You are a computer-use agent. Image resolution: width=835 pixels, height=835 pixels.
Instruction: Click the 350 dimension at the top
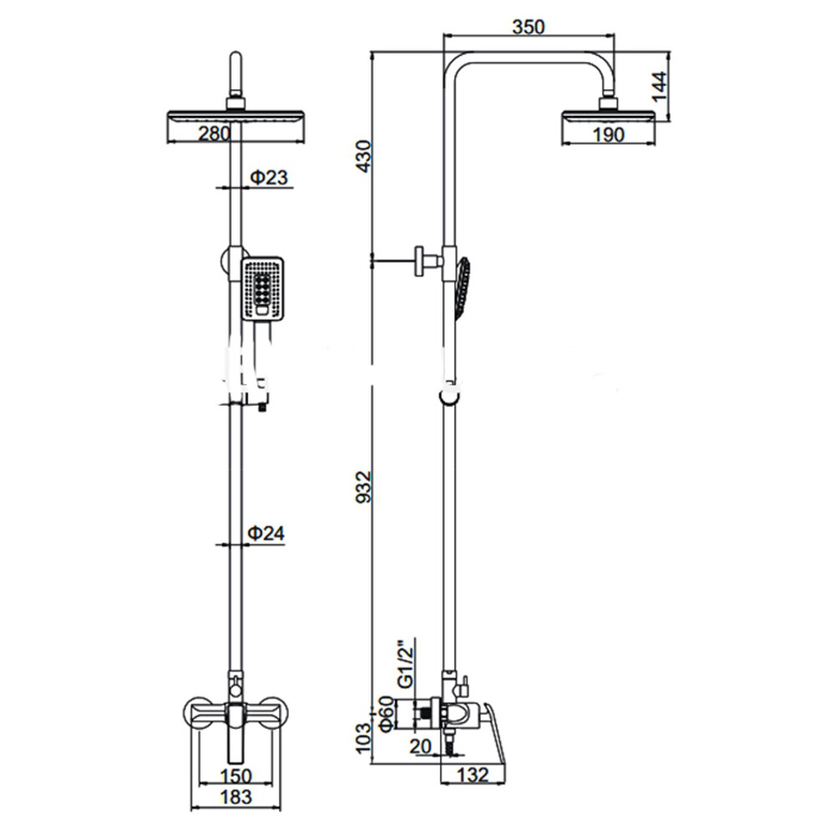coord(529,27)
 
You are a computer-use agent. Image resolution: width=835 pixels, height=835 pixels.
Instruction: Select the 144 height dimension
coord(659,86)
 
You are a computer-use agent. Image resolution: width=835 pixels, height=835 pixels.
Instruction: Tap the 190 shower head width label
coord(608,134)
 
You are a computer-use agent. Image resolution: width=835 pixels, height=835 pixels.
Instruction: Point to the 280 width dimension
coord(215,133)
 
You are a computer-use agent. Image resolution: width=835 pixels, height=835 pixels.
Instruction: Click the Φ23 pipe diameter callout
coord(269,177)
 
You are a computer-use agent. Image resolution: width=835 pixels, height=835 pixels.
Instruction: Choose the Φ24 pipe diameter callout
coord(266,533)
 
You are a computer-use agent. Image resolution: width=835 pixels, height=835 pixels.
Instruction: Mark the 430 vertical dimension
coord(364,156)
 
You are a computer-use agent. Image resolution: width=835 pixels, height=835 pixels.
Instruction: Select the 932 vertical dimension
coord(364,486)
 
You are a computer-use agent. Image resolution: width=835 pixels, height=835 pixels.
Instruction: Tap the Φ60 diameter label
coord(387,714)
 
